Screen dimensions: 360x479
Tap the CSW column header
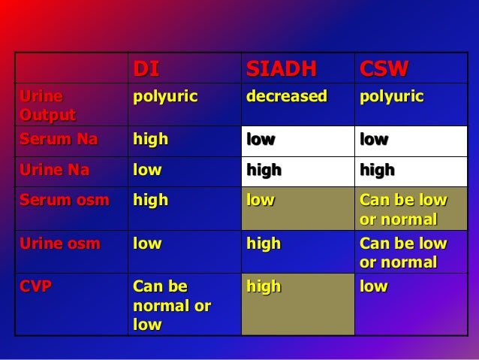(x=384, y=69)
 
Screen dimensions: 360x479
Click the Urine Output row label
(x=48, y=105)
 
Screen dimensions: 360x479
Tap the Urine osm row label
(x=53, y=243)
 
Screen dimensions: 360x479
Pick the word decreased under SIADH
(x=287, y=97)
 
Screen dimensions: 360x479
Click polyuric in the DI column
(x=165, y=97)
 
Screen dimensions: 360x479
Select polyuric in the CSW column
(x=392, y=97)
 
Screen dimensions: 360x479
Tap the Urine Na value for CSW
(x=377, y=170)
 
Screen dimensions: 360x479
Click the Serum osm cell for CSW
(x=403, y=210)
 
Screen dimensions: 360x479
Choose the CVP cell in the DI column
(x=171, y=306)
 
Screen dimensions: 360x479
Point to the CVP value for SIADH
(x=264, y=286)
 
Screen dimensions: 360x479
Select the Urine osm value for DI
(x=146, y=243)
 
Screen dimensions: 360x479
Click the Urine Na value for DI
(x=146, y=170)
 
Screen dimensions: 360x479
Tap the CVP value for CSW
(x=373, y=286)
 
